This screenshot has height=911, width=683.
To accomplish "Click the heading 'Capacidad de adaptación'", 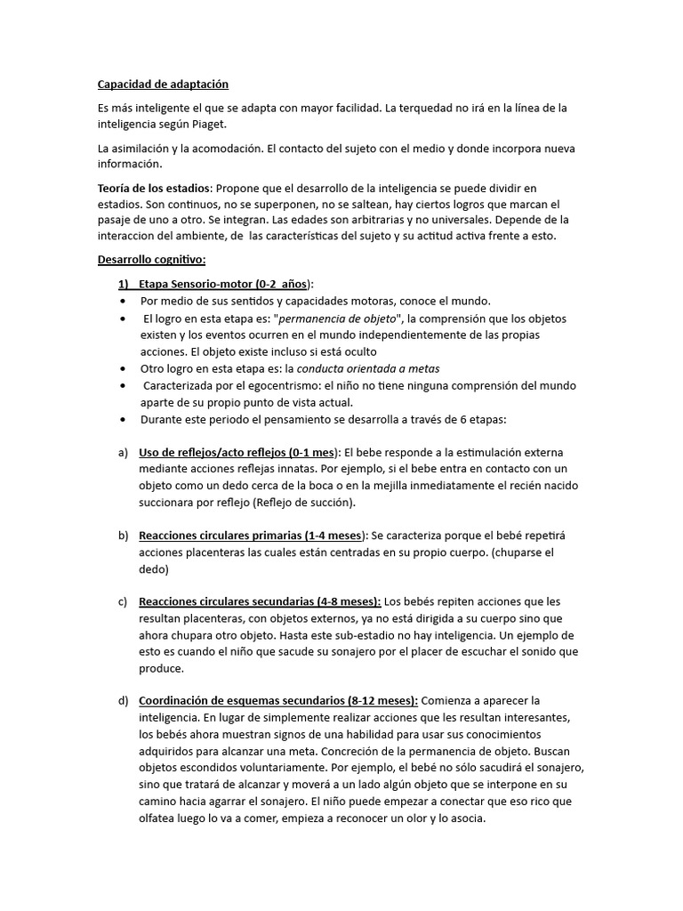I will (163, 85).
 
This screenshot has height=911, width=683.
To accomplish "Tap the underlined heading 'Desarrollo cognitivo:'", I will (151, 260).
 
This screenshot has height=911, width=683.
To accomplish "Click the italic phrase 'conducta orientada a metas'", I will (368, 368).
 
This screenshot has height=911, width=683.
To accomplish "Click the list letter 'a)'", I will (123, 453).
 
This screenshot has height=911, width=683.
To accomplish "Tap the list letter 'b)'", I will (123, 536).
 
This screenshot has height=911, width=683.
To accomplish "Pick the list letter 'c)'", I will (123, 602).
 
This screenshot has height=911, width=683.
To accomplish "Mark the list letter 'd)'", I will (123, 701).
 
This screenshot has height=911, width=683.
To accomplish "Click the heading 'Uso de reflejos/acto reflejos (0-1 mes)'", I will (238, 453).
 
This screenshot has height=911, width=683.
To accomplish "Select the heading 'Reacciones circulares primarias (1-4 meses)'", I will (251, 536).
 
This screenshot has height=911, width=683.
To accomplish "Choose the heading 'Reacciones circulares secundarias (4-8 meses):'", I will (260, 602).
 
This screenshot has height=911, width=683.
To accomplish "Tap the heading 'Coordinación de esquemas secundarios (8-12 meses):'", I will (278, 701).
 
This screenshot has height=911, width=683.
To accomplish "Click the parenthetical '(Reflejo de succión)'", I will (303, 503).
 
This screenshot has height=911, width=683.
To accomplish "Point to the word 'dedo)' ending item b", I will (153, 569).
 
